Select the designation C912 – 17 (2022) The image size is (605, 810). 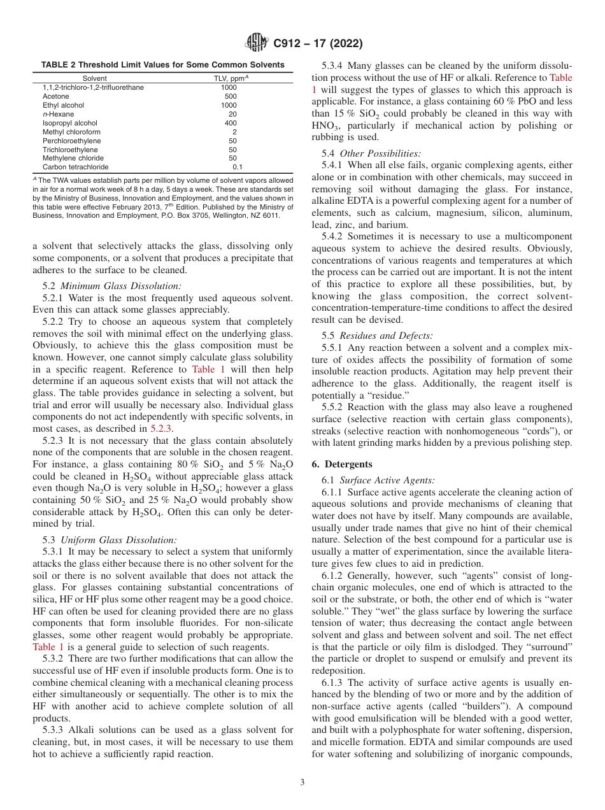point(318,44)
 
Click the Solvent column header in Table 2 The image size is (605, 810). point(94,78)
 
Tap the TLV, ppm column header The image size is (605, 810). point(230,78)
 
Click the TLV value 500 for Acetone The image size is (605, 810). point(231,96)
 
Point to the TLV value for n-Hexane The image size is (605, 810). point(232,114)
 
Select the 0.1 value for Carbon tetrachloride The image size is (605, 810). point(237,167)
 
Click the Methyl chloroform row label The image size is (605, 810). point(65,132)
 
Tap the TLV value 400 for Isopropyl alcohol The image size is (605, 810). point(231,123)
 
